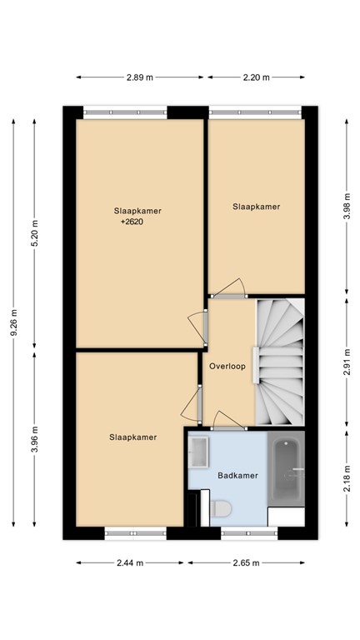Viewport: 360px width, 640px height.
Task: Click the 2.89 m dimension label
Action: (139, 77)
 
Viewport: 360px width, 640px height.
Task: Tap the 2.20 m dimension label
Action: (257, 77)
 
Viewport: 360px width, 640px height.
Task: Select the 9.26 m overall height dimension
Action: (12, 322)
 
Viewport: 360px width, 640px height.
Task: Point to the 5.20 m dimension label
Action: (34, 233)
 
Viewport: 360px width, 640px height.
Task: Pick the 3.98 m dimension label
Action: (347, 206)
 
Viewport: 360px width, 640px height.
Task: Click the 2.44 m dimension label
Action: (129, 562)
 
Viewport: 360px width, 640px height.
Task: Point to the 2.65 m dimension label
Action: (246, 562)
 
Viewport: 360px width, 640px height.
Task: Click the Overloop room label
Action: (227, 366)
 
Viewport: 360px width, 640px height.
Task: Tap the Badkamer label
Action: (237, 476)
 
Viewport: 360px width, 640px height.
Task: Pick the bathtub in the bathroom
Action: (287, 471)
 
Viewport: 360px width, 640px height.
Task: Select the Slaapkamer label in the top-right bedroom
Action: (256, 207)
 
